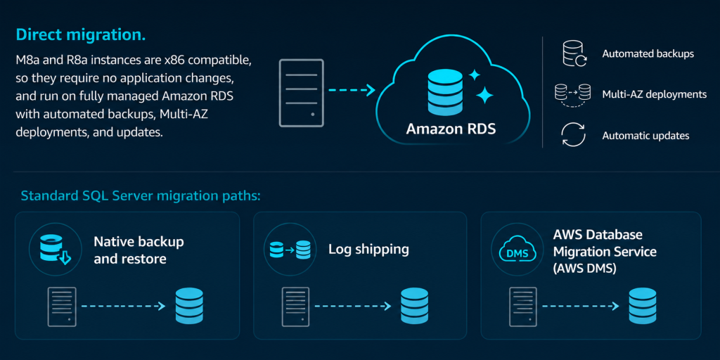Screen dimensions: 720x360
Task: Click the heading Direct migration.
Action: (81, 35)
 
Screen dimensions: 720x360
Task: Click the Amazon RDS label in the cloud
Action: (451, 129)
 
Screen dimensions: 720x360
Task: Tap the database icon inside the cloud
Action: (445, 92)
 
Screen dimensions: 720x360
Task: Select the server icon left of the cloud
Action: (302, 93)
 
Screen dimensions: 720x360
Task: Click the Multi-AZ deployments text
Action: (655, 95)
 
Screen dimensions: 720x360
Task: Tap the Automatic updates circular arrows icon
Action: (574, 136)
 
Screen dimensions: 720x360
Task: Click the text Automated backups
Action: (648, 53)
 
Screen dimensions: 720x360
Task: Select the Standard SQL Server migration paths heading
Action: (141, 196)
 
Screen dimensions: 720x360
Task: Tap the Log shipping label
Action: (368, 250)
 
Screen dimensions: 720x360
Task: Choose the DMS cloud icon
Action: (517, 250)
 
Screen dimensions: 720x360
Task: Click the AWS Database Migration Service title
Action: (605, 252)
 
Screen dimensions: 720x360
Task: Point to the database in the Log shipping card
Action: (414, 306)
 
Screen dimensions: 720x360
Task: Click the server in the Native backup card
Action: (62, 307)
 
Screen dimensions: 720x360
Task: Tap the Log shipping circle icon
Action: (290, 250)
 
